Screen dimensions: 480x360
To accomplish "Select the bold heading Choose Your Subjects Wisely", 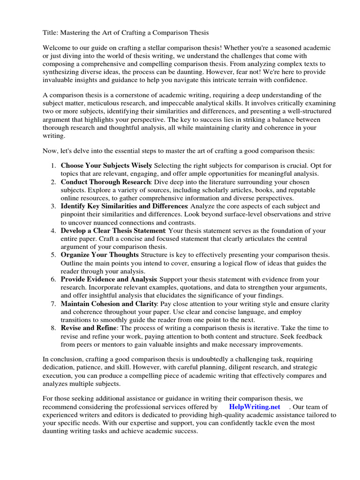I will click(x=106, y=166).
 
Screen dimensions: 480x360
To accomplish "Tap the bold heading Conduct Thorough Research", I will click(x=105, y=182).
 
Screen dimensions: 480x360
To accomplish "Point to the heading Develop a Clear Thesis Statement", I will click(x=113, y=231).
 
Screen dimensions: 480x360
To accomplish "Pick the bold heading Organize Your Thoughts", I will click(x=99, y=255).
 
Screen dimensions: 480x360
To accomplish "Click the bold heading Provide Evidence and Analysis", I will click(x=109, y=279).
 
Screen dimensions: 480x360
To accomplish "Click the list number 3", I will click(x=53, y=206).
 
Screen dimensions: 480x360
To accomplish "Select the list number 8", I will click(x=53, y=328).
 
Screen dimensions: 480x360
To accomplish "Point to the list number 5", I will click(x=53, y=255).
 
